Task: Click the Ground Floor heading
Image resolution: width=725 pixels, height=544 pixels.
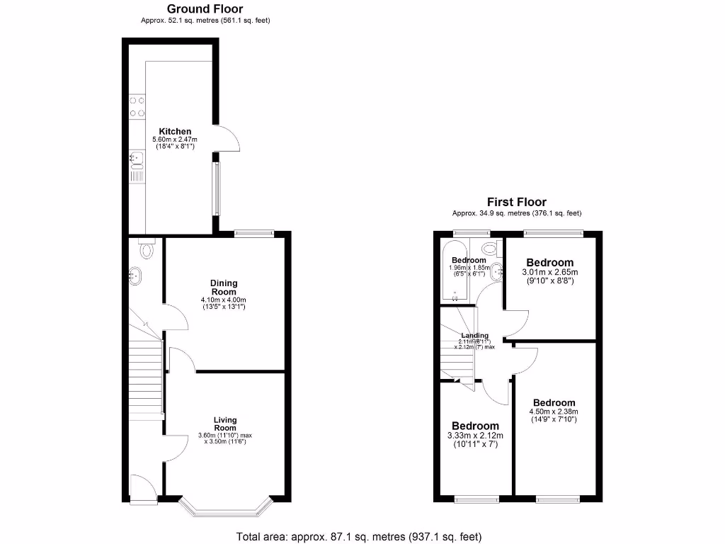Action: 205,9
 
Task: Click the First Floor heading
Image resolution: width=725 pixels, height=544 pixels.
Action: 516,203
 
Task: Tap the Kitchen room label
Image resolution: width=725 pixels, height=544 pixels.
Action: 175,132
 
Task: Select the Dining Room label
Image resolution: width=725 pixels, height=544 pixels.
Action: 224,288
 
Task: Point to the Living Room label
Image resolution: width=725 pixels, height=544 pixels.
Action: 225,424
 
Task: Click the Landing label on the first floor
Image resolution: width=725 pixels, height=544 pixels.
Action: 474,336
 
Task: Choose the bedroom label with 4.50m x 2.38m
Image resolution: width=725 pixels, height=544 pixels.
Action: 554,403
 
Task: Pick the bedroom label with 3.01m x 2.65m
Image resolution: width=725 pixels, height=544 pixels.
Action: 549,262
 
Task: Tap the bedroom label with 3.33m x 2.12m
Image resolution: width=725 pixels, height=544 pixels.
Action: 475,426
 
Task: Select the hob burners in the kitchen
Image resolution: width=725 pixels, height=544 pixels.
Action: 137,107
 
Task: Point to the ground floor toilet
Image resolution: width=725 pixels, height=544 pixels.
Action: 147,249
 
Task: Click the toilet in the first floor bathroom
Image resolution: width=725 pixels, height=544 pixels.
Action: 488,248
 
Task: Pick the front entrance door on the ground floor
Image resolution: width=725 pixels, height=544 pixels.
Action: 144,489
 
